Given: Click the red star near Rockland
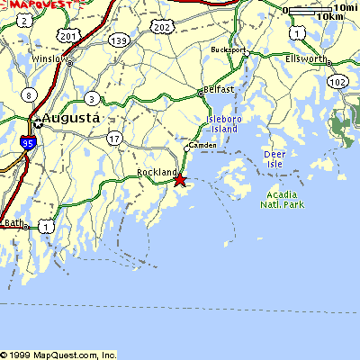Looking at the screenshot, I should point(179,180).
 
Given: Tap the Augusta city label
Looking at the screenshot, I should point(65,118).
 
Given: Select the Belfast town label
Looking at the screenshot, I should point(220,90).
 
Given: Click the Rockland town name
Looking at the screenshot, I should point(155,172).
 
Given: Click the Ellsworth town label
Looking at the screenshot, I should point(308,58).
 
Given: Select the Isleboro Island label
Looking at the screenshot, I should point(221,123).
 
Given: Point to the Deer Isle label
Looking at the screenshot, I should point(274,158).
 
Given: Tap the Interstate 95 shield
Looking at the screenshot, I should point(27,142).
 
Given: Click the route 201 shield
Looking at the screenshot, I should point(68,34).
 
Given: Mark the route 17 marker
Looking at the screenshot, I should point(113,138).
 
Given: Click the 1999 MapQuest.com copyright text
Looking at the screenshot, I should point(58,355).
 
